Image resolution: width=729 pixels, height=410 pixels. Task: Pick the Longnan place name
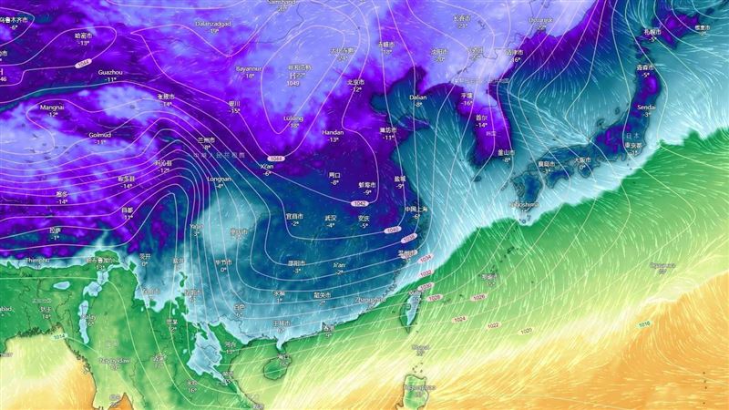220,179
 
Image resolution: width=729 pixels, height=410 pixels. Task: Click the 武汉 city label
331,218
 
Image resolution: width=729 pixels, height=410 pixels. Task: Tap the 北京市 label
355,82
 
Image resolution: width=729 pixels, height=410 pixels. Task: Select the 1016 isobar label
644,324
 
